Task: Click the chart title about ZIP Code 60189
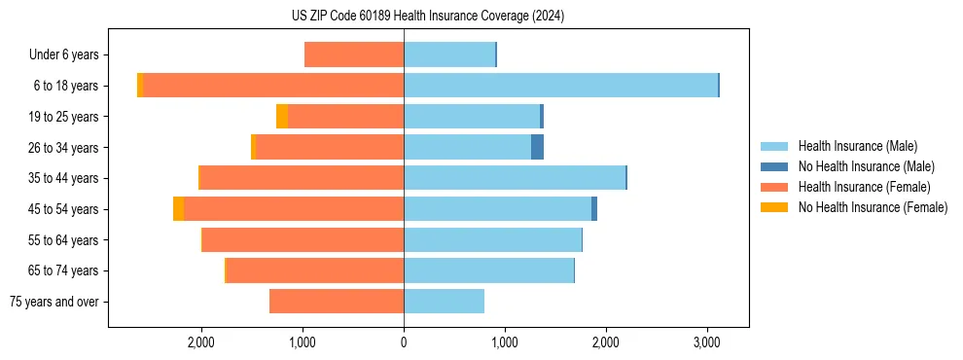tap(481, 17)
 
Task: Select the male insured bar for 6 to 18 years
tap(560, 86)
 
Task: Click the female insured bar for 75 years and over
tap(337, 302)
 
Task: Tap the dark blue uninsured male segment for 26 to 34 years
tap(537, 147)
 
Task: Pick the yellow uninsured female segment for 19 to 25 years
tap(282, 117)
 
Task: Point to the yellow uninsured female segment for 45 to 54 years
tap(178, 209)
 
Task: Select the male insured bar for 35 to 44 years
tap(514, 178)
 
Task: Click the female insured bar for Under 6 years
tap(354, 54)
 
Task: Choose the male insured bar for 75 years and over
tap(444, 302)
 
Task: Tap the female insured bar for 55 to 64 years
tap(303, 240)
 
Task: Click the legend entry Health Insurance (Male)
tap(857, 146)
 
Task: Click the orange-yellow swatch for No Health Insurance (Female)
tap(774, 207)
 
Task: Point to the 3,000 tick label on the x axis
tap(706, 342)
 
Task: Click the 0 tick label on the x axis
tap(404, 342)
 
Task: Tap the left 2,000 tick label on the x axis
tap(201, 342)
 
